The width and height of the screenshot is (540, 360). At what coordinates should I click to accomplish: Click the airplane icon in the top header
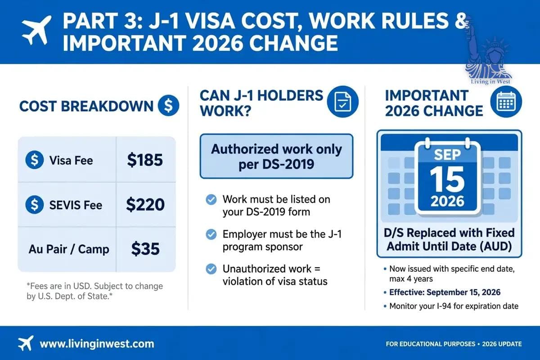tap(36, 30)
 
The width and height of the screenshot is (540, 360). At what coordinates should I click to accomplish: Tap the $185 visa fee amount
tap(145, 160)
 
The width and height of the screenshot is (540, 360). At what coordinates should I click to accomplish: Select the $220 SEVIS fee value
tap(145, 204)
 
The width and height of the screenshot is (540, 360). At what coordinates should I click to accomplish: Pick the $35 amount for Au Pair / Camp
tap(145, 249)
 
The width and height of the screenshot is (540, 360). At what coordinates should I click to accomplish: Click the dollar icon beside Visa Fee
tap(35, 160)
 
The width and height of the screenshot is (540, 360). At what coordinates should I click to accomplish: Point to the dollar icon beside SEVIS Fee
tap(35, 204)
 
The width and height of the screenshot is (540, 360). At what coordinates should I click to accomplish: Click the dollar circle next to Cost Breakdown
tap(168, 105)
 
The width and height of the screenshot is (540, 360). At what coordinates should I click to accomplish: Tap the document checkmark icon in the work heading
tap(342, 102)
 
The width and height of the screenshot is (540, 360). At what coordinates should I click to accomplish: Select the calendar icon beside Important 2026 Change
tap(506, 102)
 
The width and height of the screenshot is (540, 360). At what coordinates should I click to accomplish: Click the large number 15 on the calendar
tap(447, 180)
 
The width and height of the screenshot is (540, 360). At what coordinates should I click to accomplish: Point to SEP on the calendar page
tap(447, 154)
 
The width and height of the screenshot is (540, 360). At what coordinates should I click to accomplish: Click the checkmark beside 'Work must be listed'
tap(211, 200)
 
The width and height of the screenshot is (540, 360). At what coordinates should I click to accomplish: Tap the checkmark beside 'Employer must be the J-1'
tap(211, 234)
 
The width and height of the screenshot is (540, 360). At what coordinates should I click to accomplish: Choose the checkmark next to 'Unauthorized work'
tap(211, 269)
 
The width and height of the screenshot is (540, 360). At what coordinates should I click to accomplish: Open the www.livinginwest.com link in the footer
tap(97, 344)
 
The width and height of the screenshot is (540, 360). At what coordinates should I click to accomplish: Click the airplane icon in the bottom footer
tap(26, 343)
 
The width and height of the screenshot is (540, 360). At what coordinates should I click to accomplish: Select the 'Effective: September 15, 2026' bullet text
tap(445, 292)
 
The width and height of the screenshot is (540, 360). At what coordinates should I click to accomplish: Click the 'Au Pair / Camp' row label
tap(69, 249)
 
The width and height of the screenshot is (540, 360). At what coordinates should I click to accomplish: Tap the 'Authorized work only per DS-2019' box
tap(276, 156)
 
